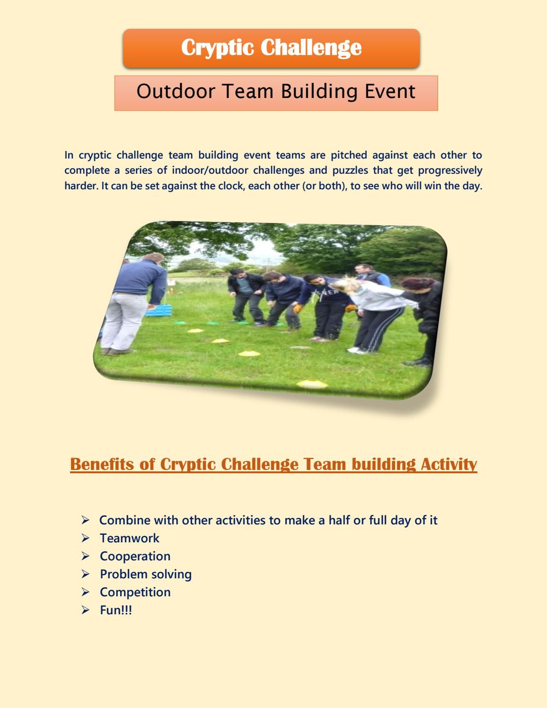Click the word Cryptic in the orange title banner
pyautogui.click(x=217, y=48)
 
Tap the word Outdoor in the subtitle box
pyautogui.click(x=176, y=91)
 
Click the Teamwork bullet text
pyautogui.click(x=130, y=538)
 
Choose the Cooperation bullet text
pyautogui.click(x=135, y=556)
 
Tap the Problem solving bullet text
pyautogui.click(x=146, y=575)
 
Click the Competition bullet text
pyautogui.click(x=135, y=592)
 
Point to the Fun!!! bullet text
pyautogui.click(x=116, y=610)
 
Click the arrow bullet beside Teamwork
pyautogui.click(x=85, y=538)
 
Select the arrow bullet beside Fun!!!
pyautogui.click(x=85, y=610)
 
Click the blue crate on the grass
pyautogui.click(x=159, y=310)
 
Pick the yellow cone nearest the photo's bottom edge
pyautogui.click(x=312, y=384)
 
